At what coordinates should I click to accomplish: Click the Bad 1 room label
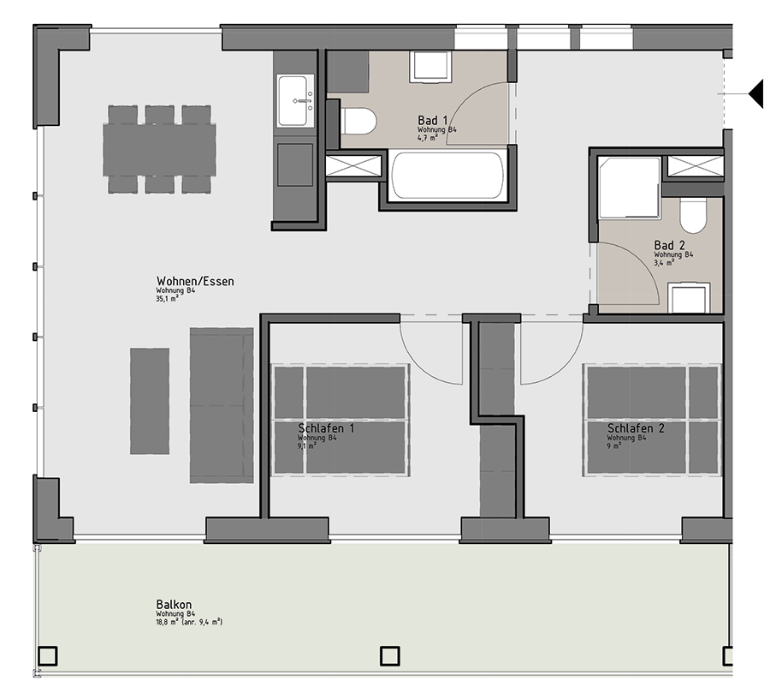(x=433, y=120)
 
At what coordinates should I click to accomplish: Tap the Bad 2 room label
(x=669, y=245)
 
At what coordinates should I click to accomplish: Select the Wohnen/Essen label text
(x=195, y=281)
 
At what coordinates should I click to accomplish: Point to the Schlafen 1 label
(x=326, y=428)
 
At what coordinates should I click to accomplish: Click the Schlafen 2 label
(x=636, y=428)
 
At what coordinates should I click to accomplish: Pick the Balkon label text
(x=174, y=605)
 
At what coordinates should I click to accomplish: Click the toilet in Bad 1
(x=358, y=121)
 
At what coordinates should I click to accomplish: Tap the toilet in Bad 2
(x=692, y=215)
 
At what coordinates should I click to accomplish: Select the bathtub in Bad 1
(x=447, y=176)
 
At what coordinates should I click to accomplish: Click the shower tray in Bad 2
(x=629, y=187)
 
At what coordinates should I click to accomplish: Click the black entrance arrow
(x=756, y=93)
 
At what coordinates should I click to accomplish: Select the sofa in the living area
(x=222, y=405)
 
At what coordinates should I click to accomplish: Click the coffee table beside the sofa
(x=150, y=401)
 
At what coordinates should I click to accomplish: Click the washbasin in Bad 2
(x=689, y=298)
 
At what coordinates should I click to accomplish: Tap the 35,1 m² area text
(x=167, y=299)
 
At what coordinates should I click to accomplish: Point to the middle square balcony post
(x=390, y=655)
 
